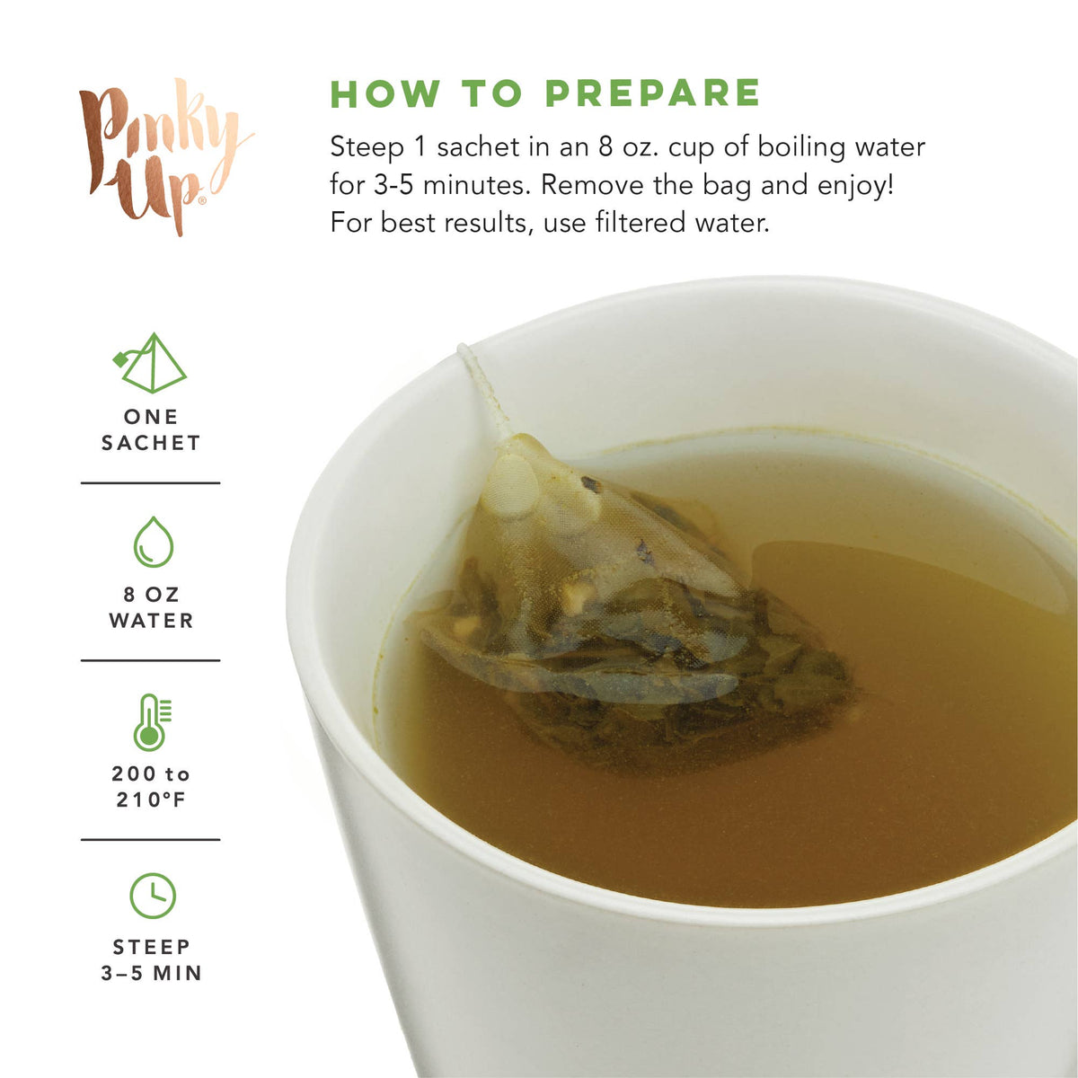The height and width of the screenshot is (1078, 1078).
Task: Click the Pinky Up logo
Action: (x=165, y=156)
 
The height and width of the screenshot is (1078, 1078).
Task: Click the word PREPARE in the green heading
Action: (x=653, y=93)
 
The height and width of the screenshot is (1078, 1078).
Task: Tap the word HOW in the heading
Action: (x=385, y=93)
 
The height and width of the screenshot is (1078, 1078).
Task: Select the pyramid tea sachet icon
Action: (x=150, y=362)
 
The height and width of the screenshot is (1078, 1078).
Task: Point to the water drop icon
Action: (x=154, y=542)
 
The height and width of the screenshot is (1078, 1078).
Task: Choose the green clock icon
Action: (x=153, y=895)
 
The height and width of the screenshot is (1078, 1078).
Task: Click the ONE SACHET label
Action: (x=151, y=429)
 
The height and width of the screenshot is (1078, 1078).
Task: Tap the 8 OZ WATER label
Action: (x=151, y=607)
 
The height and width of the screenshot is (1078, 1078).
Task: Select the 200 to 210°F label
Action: (x=151, y=787)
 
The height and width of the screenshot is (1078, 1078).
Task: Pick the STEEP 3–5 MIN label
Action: (x=151, y=960)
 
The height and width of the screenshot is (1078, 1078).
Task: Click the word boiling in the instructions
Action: (x=801, y=147)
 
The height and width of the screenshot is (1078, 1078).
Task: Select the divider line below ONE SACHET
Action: (x=151, y=482)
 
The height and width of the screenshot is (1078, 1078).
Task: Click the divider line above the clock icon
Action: (x=151, y=839)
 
